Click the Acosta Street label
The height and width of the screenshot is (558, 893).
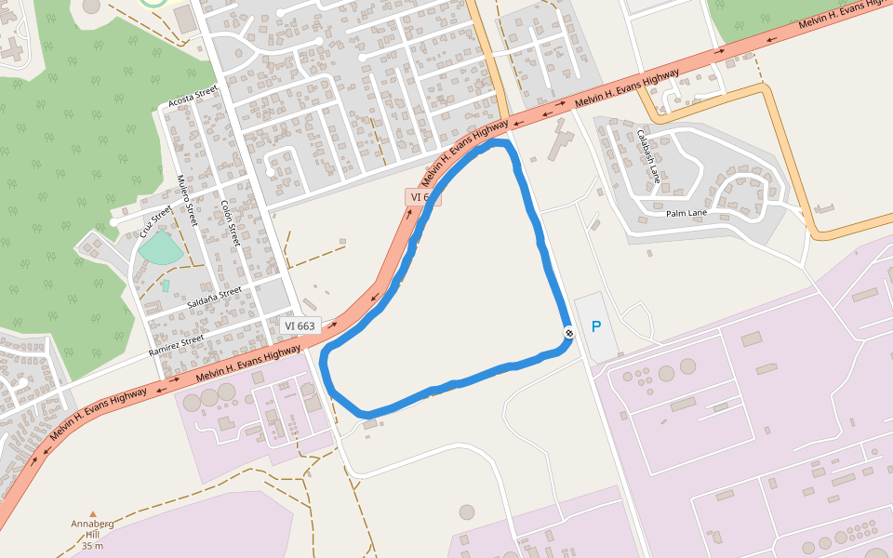tap(193, 96)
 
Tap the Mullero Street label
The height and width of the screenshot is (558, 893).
tap(188, 201)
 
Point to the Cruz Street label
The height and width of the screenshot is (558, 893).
tap(155, 222)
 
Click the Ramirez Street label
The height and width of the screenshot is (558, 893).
tap(176, 346)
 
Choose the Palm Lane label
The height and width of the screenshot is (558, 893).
tap(686, 213)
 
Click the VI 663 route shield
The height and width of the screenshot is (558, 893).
tap(300, 325)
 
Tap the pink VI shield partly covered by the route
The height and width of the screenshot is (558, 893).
tap(421, 197)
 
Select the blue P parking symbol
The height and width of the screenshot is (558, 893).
tap(596, 326)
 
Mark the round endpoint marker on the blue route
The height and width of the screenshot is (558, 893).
tap(568, 333)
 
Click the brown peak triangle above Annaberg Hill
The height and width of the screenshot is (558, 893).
tap(92, 513)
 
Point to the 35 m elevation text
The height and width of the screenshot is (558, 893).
tap(92, 545)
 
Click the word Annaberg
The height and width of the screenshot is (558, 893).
tap(92, 524)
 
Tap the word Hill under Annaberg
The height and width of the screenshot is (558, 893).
tap(92, 534)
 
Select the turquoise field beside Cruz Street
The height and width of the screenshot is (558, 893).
tap(160, 247)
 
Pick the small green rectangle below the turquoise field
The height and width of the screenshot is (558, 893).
tap(166, 286)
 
